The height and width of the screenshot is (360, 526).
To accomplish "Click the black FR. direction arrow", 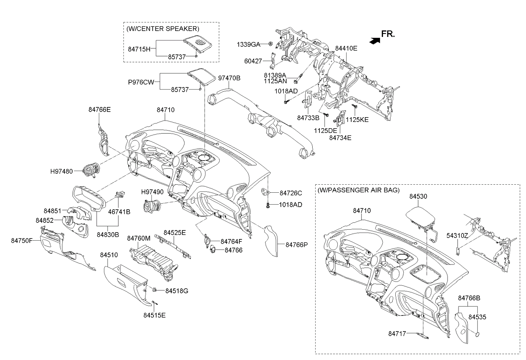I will [x=374, y=41].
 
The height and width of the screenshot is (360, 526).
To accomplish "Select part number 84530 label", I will [x=418, y=196].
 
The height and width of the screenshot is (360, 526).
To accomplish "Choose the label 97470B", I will [x=229, y=78].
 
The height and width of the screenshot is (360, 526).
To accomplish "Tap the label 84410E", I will [x=346, y=48].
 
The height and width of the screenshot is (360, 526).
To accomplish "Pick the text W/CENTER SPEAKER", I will [x=162, y=29].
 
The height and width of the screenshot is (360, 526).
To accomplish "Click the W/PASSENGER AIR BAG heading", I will [x=358, y=190].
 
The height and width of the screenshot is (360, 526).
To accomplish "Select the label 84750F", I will [x=22, y=241].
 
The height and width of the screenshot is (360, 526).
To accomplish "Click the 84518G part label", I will [x=176, y=291].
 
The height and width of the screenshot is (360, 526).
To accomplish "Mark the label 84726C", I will [x=291, y=193].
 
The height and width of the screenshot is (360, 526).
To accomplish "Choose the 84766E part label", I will [x=100, y=110].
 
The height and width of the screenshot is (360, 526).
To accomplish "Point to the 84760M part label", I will [x=139, y=238].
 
